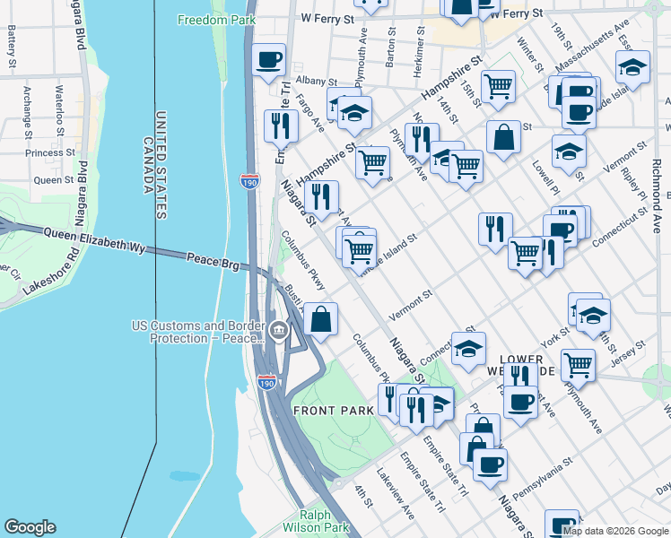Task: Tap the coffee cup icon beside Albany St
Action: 269,61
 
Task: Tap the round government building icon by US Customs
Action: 280,331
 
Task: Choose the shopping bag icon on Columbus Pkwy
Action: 320,319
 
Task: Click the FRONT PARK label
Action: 333,410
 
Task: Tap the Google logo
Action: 30,527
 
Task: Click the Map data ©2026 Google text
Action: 614,531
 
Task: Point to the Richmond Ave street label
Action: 657,192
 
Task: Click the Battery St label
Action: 12,46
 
